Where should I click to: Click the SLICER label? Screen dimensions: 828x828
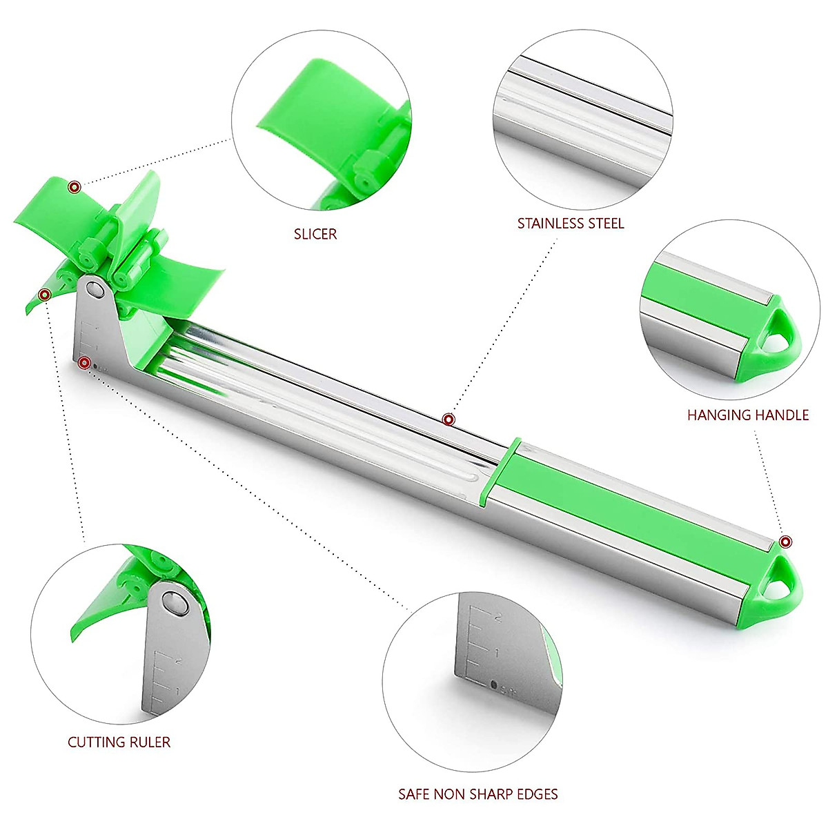tap(315, 234)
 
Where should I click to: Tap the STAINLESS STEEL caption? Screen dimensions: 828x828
tap(571, 224)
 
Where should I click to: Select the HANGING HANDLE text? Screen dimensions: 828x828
tap(747, 415)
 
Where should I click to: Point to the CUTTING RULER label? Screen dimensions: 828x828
tap(119, 742)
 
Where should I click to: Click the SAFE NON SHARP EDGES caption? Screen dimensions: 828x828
tap(478, 794)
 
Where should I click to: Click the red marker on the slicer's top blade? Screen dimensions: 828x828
tap(75, 186)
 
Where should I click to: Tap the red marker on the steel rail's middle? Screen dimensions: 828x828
tap(448, 419)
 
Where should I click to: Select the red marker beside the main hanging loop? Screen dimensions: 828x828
tap(785, 542)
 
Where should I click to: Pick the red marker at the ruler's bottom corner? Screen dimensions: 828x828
tap(84, 362)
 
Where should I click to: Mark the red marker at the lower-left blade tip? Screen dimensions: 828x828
tap(45, 295)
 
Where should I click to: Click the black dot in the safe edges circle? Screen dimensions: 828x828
tap(493, 684)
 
